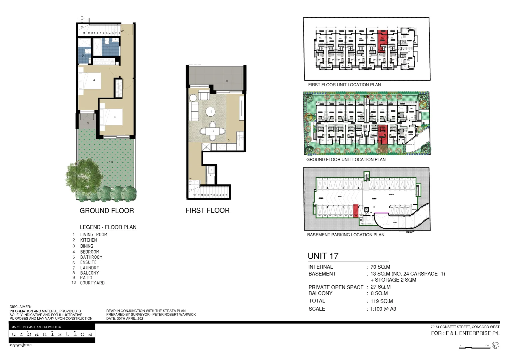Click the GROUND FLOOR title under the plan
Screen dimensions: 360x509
(x=107, y=211)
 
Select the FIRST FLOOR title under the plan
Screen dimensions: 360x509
(x=207, y=210)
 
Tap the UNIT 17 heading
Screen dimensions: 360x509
(x=323, y=256)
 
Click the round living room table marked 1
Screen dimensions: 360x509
(x=211, y=112)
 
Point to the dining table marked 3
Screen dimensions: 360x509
(x=213, y=131)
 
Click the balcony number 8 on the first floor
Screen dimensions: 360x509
(x=227, y=81)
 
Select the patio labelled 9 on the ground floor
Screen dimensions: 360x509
(x=88, y=123)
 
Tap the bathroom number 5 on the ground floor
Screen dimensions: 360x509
(x=108, y=48)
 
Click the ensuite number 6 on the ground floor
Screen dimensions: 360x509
(x=83, y=55)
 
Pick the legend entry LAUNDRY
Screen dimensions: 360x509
(x=90, y=268)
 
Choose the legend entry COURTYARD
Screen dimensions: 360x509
(x=92, y=283)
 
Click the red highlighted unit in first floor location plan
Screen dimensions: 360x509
(x=382, y=41)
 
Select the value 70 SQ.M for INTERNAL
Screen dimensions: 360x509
(x=380, y=267)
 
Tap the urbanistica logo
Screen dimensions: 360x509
(x=52, y=334)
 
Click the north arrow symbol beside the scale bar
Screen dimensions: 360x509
(x=495, y=345)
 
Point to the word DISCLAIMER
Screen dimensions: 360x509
(x=20, y=307)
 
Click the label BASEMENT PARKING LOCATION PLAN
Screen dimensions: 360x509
(x=345, y=235)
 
